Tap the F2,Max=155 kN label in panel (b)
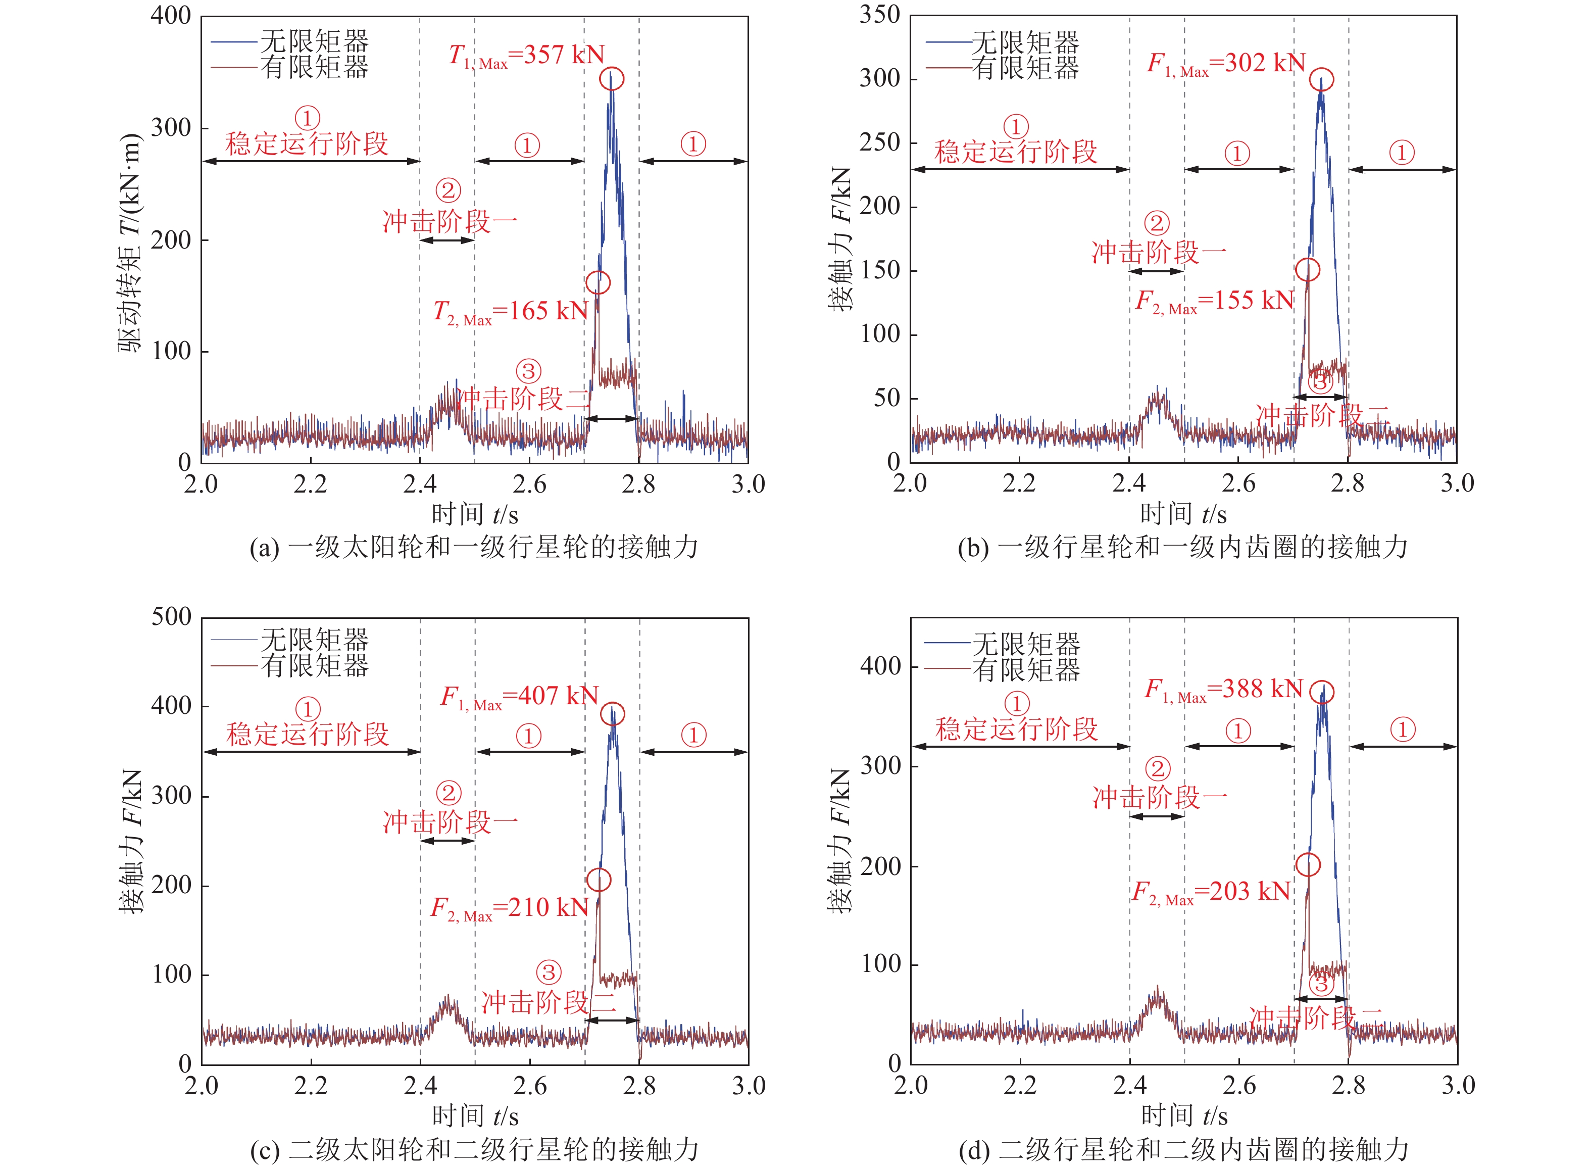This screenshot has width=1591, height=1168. [x=1214, y=301]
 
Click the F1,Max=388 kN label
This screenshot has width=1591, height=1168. [x=1223, y=690]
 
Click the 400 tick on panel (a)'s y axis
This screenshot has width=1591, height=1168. [x=171, y=16]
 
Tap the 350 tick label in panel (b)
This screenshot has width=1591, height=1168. [x=879, y=15]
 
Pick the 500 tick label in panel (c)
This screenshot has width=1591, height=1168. [x=172, y=617]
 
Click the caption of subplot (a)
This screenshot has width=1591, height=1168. [x=474, y=547]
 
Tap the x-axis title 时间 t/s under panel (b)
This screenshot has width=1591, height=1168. [x=1183, y=514]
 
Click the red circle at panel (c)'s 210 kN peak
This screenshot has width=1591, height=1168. [x=599, y=880]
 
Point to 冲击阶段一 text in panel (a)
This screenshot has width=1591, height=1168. [x=450, y=222]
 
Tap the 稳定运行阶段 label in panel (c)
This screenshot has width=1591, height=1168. [x=308, y=734]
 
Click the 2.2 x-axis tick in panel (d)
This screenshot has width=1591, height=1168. [x=1020, y=1085]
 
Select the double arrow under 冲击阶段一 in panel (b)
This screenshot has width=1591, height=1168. [x=1156, y=271]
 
